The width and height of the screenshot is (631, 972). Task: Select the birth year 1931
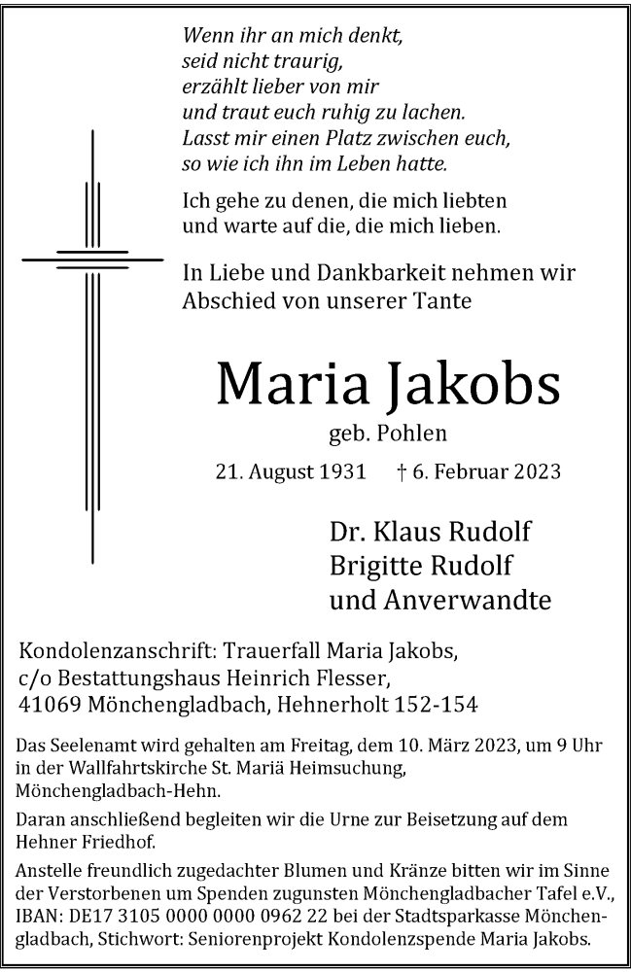point(341,473)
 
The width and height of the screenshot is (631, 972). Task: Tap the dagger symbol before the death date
point(403,473)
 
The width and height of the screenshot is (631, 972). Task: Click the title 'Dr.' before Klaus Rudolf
point(347,533)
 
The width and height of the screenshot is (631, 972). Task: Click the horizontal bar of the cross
point(92,260)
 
